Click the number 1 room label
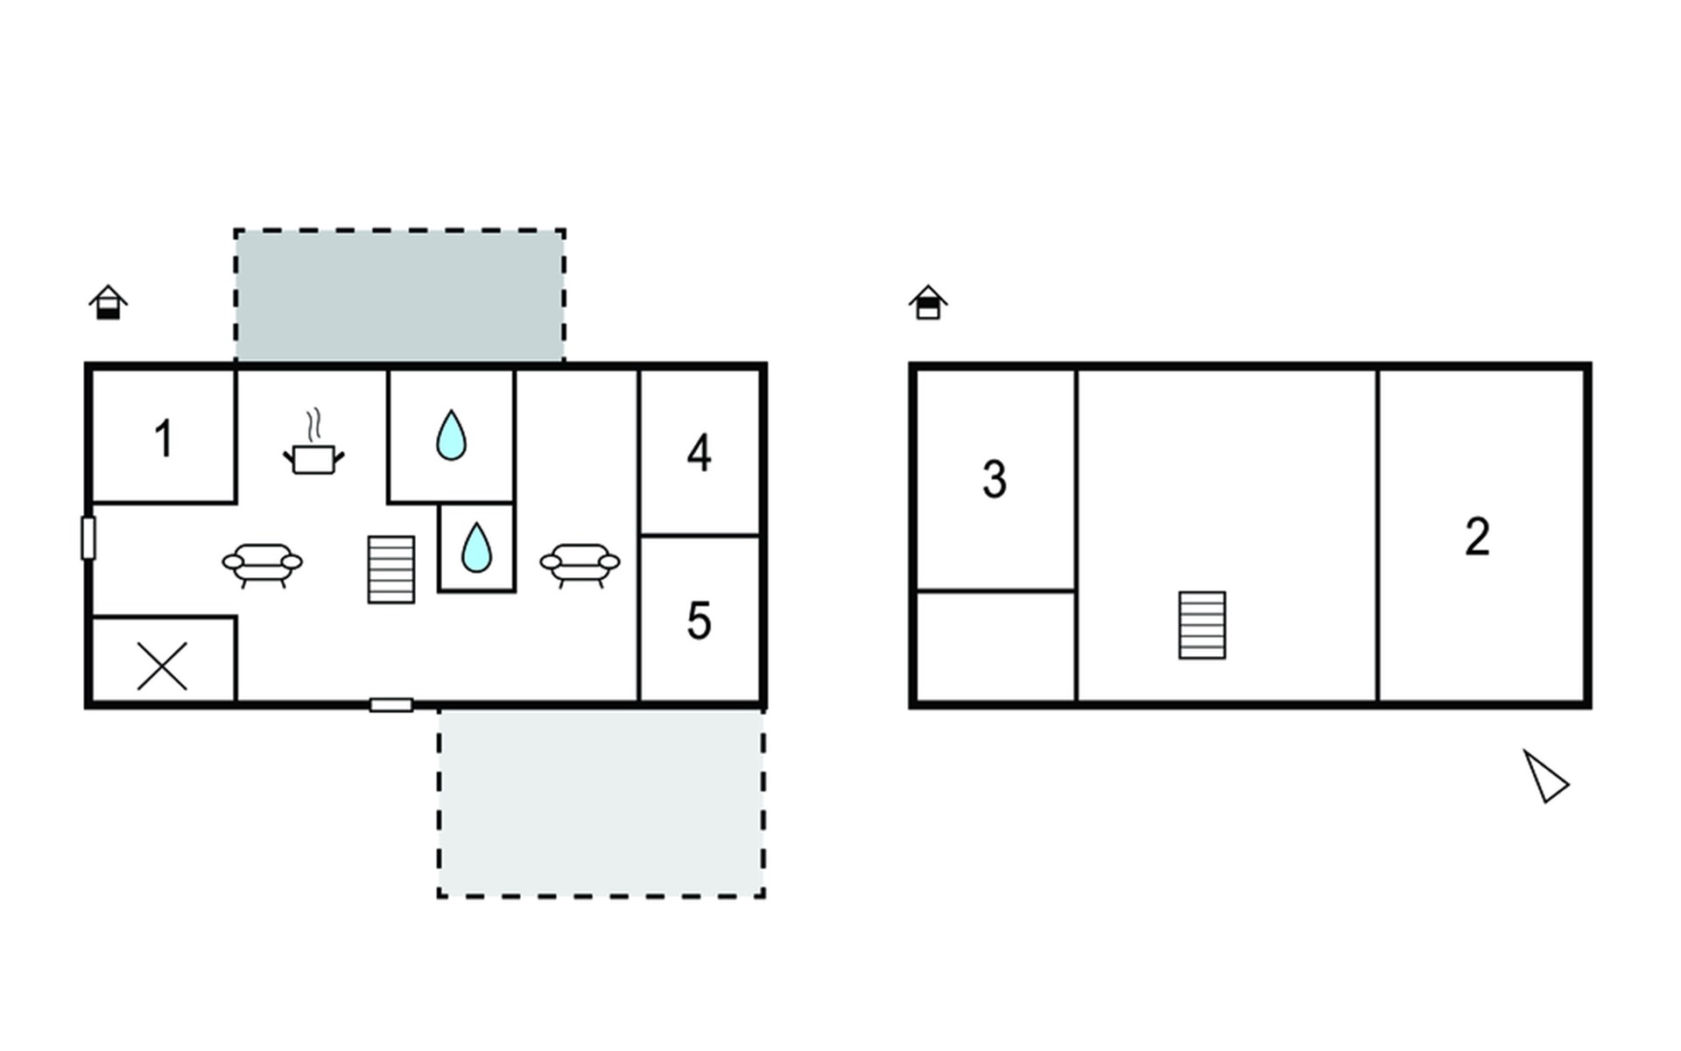[x=164, y=439]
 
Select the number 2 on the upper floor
[x=1477, y=537]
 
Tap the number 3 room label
[x=995, y=480]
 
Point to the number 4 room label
[x=699, y=454]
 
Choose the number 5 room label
[x=699, y=621]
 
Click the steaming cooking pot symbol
[x=313, y=442]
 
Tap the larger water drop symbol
[x=451, y=434]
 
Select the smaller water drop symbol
[x=476, y=547]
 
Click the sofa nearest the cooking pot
[x=263, y=565]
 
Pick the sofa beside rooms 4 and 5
[x=580, y=565]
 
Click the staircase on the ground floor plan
[x=391, y=569]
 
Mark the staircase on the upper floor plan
[x=1202, y=625]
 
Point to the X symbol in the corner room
[x=163, y=666]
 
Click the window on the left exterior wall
[x=88, y=538]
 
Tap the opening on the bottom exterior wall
[x=391, y=705]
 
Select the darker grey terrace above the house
[x=399, y=295]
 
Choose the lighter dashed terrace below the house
[x=601, y=803]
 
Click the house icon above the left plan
[x=109, y=302]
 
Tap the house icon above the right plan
[x=928, y=302]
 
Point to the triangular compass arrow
[x=1544, y=776]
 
